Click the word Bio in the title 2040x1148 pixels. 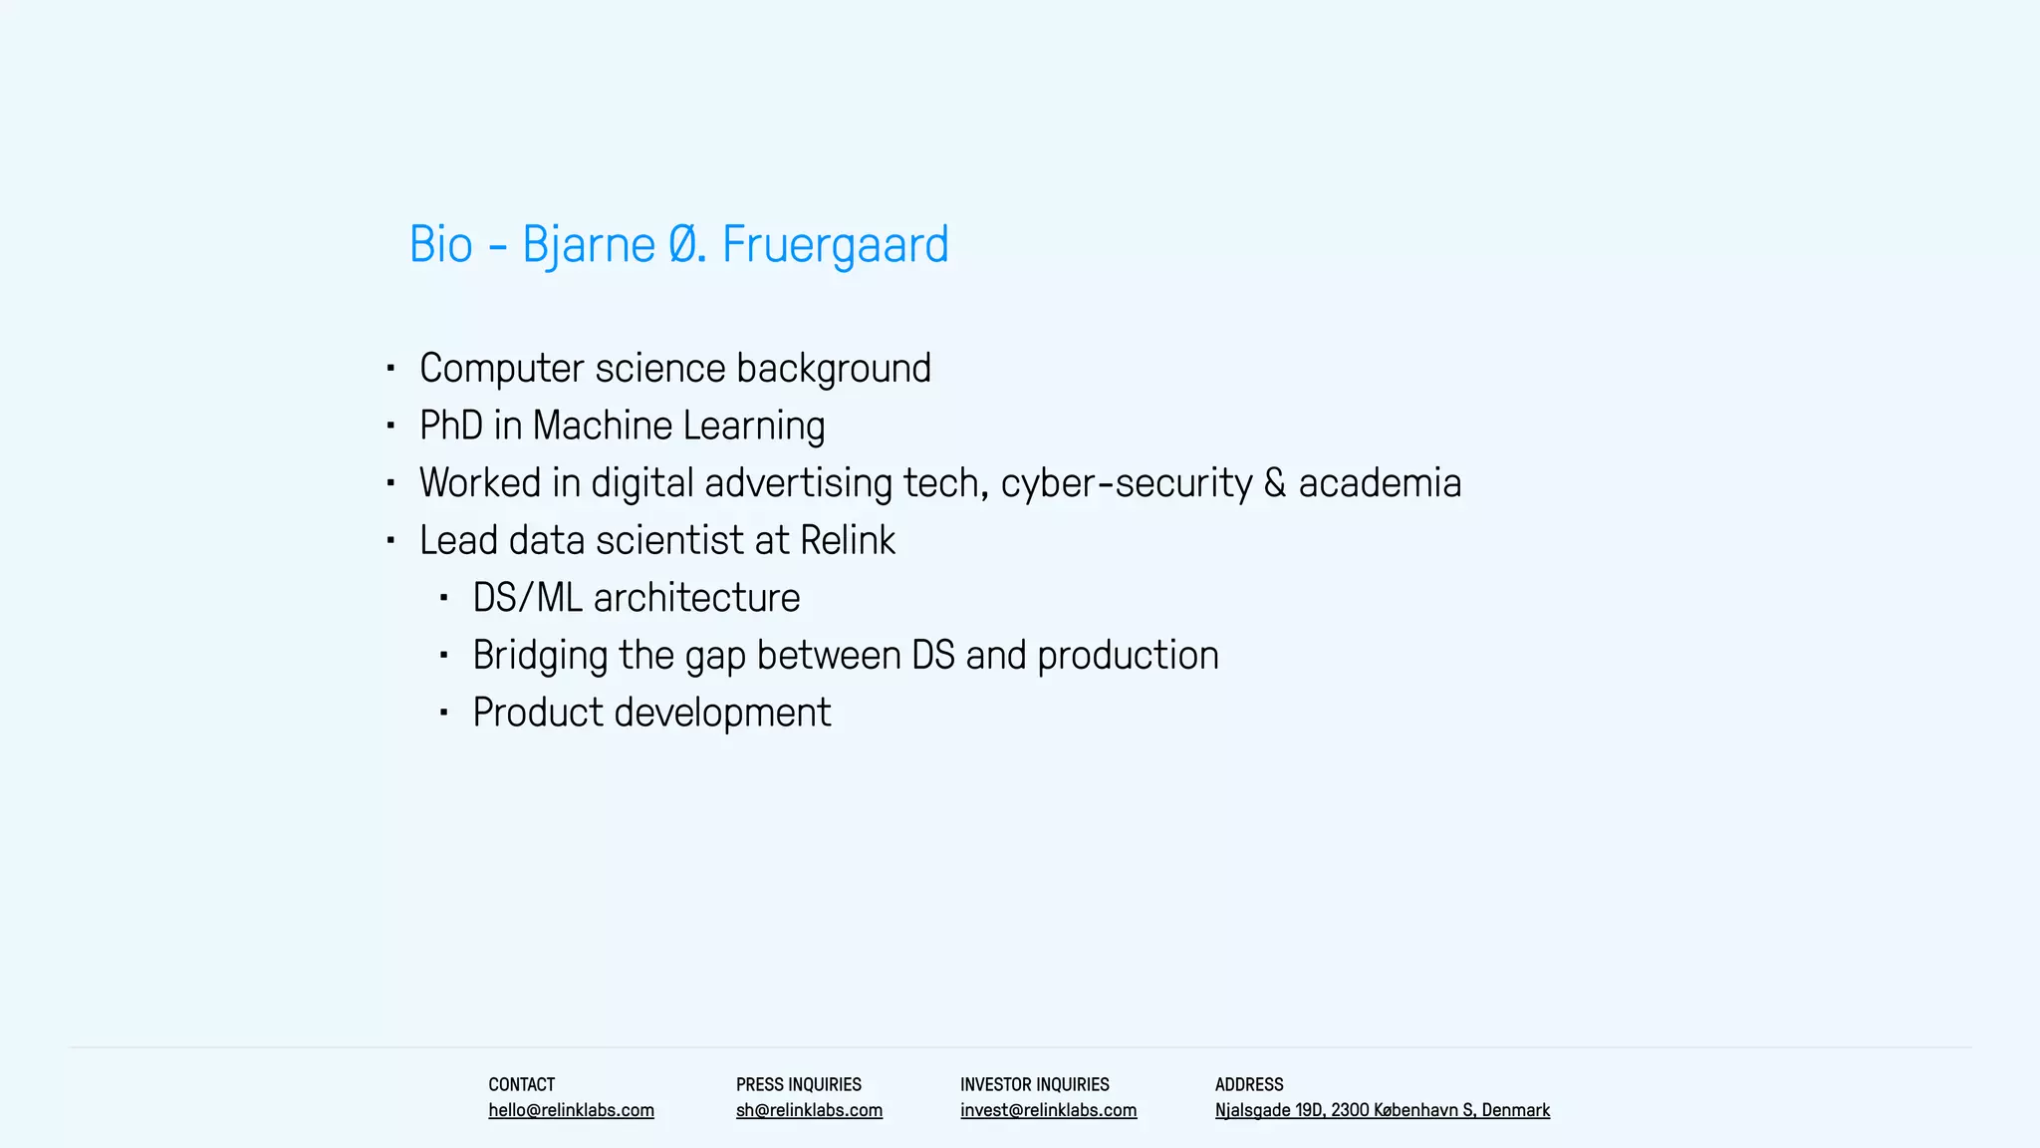(x=440, y=244)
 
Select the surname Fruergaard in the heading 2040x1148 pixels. (x=835, y=244)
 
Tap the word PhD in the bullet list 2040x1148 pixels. (x=450, y=426)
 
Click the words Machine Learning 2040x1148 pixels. (x=678, y=426)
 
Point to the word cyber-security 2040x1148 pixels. (x=1126, y=483)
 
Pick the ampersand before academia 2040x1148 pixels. (x=1275, y=483)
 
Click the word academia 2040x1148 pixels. (x=1380, y=483)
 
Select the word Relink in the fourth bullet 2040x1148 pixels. (x=847, y=540)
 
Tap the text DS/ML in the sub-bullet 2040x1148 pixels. (x=527, y=598)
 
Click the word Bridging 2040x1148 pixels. (x=540, y=656)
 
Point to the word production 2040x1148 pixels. (x=1128, y=656)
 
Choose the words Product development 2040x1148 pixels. (x=651, y=713)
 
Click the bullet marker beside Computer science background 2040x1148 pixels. (x=390, y=369)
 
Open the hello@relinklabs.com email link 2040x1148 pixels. (x=571, y=1110)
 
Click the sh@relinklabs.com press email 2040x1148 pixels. (x=809, y=1110)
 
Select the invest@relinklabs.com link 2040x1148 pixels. (x=1048, y=1110)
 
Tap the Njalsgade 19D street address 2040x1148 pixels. (x=1382, y=1110)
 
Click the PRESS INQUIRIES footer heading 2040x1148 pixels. (x=798, y=1084)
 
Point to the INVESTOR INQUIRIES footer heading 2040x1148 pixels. (x=1034, y=1084)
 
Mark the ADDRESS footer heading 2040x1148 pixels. (x=1249, y=1084)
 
